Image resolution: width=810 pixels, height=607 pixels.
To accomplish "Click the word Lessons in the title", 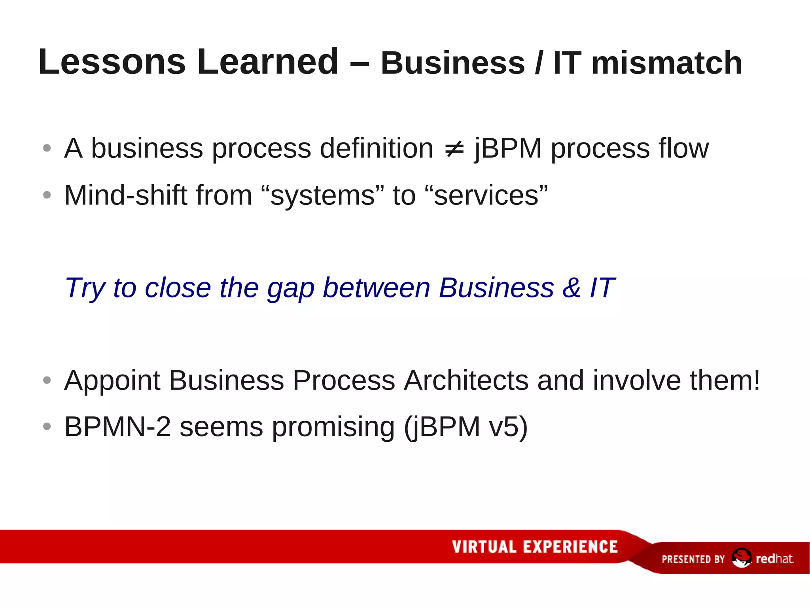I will (x=112, y=62).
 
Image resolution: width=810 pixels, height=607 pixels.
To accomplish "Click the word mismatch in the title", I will (x=667, y=63).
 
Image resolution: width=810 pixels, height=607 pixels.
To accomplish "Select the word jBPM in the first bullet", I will (x=508, y=149).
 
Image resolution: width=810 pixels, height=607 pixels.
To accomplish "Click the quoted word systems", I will (x=322, y=196).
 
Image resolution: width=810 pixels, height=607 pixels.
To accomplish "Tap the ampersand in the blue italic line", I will (x=572, y=288).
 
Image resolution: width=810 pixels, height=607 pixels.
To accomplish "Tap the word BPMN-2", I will (x=117, y=427).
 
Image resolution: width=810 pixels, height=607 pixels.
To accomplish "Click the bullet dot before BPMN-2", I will (x=47, y=426).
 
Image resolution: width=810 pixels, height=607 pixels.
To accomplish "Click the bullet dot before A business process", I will (x=47, y=148).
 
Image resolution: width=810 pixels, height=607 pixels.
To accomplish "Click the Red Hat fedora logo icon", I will (x=741, y=558).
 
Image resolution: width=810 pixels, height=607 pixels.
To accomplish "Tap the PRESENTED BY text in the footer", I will (x=693, y=559).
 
